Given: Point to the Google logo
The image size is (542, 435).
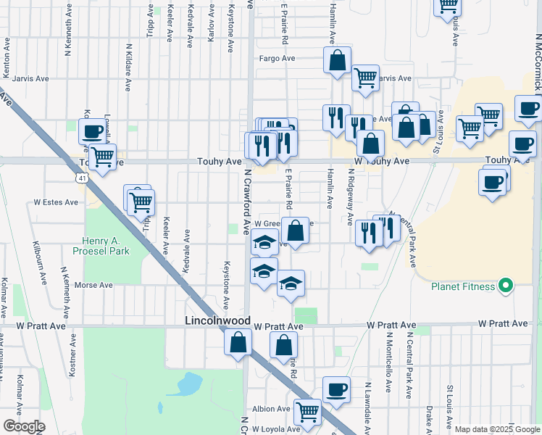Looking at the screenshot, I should [x=23, y=426].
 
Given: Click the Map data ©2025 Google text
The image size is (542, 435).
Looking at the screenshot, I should [x=497, y=429].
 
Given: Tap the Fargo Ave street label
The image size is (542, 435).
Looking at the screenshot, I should [x=278, y=58].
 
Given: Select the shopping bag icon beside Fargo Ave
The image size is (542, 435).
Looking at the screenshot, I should [x=338, y=61].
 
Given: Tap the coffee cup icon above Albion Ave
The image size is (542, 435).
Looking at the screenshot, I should [x=336, y=389].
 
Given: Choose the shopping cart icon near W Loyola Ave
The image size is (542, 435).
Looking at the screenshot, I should [x=308, y=412].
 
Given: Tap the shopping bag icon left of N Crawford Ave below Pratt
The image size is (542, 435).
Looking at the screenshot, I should [x=238, y=343].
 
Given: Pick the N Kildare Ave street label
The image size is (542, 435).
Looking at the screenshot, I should [x=128, y=66].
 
